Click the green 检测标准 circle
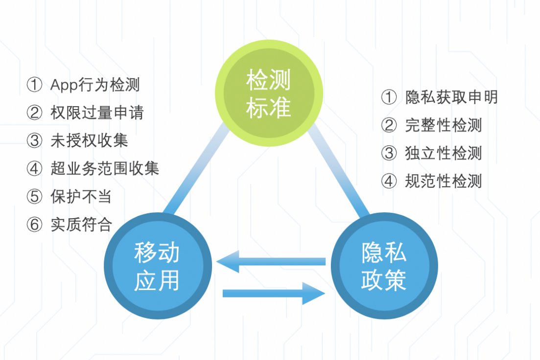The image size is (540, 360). click(269, 93)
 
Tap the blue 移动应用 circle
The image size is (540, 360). click(158, 266)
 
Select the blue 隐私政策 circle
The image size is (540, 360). click(384, 266)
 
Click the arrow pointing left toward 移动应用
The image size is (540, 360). click(271, 262)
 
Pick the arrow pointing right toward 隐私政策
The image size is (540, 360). click(274, 293)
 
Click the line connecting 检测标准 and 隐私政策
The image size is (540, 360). click(338, 170)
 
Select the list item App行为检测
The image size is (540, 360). click(95, 85)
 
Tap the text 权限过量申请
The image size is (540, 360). click(97, 112)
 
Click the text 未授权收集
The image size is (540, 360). click(89, 140)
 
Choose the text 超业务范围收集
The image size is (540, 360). click(105, 169)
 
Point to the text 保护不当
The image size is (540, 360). click(81, 197)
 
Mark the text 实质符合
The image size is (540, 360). click(81, 225)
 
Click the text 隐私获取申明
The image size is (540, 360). click(451, 97)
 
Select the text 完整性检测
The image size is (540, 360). click(444, 125)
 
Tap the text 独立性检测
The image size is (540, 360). click(444, 153)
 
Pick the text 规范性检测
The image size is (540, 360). click(444, 181)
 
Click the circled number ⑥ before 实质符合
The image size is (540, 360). click(34, 225)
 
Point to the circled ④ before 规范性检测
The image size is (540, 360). click(389, 181)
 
